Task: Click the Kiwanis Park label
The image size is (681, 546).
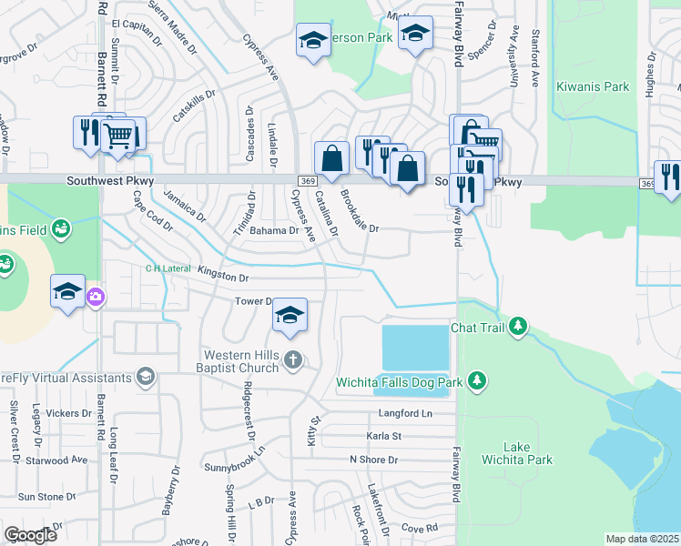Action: coord(602,87)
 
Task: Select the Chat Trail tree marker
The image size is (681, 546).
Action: coord(518,327)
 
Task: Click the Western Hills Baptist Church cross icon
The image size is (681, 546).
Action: coord(292,359)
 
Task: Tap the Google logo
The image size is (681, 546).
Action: coord(30,535)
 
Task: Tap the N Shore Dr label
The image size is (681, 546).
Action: coord(374,460)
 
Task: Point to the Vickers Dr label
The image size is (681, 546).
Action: coord(69,413)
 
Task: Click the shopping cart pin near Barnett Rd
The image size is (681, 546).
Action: coord(118,136)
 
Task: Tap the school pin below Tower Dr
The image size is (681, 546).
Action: coord(290,315)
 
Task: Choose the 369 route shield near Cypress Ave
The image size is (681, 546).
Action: coord(308,182)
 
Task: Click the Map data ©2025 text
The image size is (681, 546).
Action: coord(642,539)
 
